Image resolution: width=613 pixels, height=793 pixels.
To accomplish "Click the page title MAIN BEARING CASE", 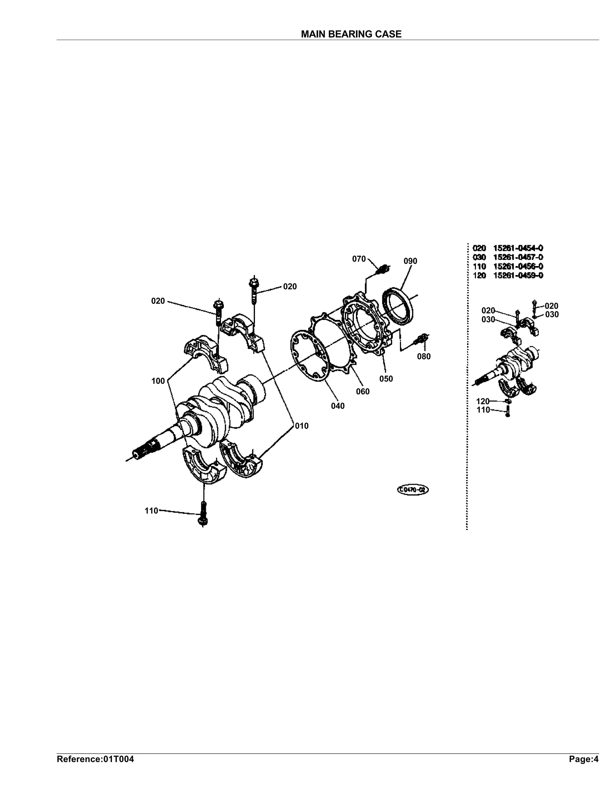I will [351, 34].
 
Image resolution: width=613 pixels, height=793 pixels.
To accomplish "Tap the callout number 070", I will [359, 259].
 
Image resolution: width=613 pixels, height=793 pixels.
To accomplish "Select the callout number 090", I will [410, 261].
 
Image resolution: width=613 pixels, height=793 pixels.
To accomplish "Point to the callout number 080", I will [424, 357].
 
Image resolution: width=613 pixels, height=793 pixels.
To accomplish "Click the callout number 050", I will [386, 379].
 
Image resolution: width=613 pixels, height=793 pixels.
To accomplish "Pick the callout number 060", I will [363, 391].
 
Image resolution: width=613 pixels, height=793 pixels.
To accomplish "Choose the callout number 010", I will [302, 426].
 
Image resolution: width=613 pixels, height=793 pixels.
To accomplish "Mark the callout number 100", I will [158, 381].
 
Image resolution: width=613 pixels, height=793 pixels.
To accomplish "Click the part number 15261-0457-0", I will [518, 257].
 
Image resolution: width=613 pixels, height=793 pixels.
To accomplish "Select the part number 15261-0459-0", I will [518, 275].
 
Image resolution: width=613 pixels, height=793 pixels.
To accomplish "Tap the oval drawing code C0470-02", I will [413, 490].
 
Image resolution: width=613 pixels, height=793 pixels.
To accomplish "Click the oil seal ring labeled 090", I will [398, 305].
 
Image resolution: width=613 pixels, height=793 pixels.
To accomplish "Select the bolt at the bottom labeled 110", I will [203, 514].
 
